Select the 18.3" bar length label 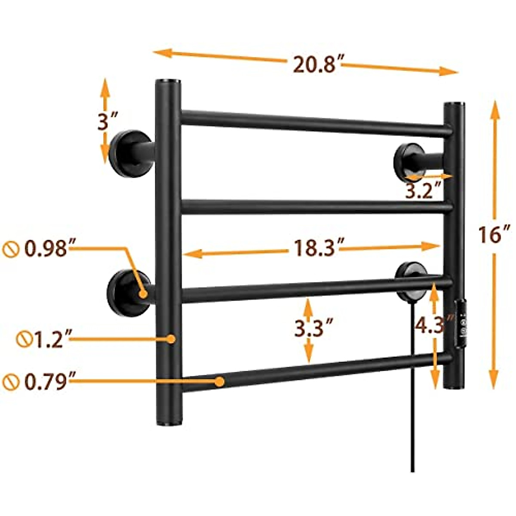point(314,248)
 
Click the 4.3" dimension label point(433,325)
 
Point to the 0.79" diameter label point(46,381)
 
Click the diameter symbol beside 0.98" point(9,249)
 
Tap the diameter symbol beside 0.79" point(9,381)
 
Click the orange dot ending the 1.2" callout point(171,339)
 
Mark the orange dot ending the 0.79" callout point(220,381)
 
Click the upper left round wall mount point(126,154)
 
